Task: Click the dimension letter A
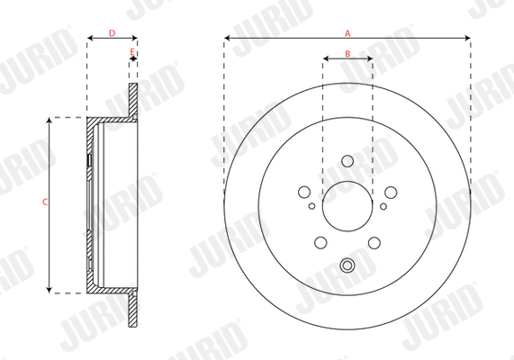tap(347, 32)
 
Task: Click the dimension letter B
tap(347, 55)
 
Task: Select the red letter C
tap(45, 203)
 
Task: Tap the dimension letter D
tap(112, 32)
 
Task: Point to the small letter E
tap(132, 51)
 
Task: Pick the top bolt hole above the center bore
tap(347, 161)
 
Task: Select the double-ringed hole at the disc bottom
tap(347, 265)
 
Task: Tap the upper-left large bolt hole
tap(304, 192)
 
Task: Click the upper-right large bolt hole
tap(391, 192)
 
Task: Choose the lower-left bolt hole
tap(320, 242)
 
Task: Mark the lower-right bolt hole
tap(374, 242)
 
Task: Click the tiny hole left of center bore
tap(312, 206)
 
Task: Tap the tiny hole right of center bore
tap(383, 206)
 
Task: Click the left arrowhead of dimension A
tap(227, 39)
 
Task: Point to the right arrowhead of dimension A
tap(468, 39)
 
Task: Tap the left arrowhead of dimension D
tap(90, 39)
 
